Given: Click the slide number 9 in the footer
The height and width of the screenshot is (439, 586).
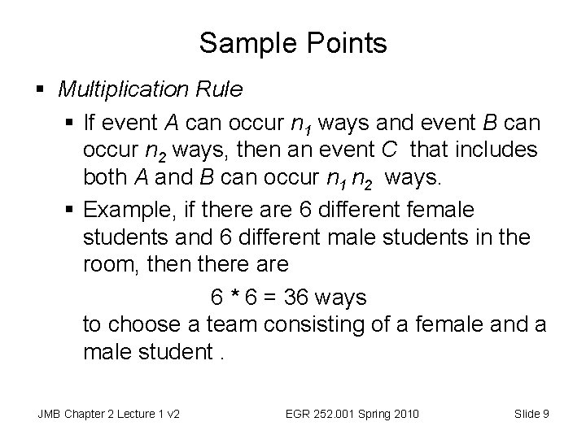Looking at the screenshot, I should point(545,413).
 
